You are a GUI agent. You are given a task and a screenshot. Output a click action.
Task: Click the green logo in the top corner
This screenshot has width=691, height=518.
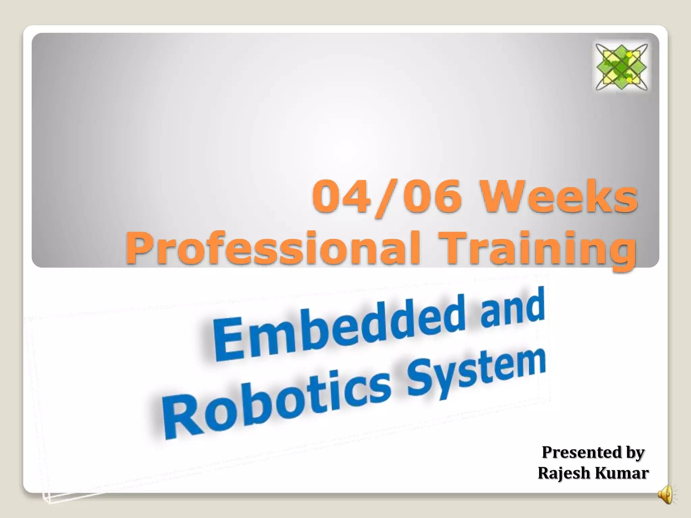621,67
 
